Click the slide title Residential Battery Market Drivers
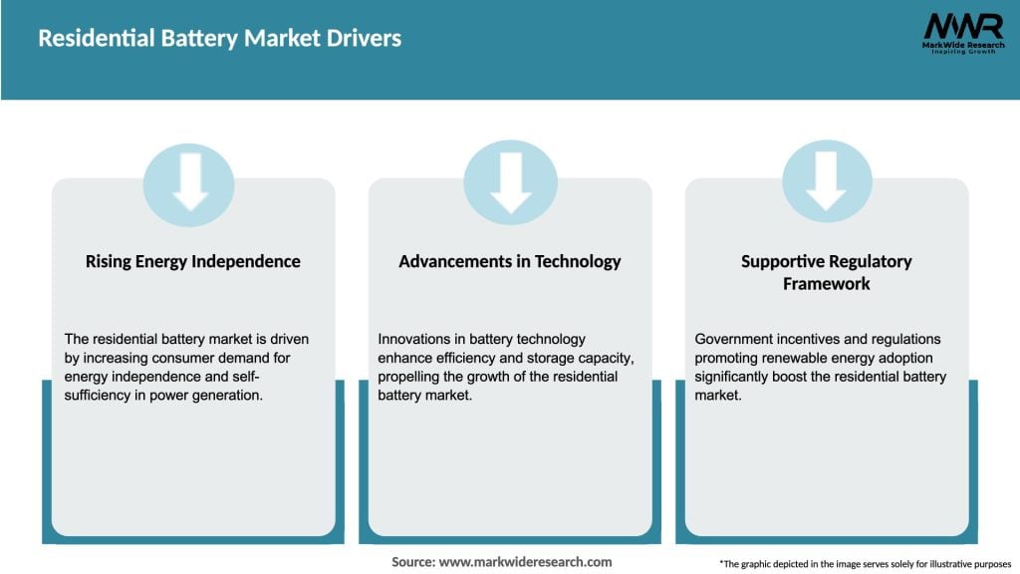point(219,39)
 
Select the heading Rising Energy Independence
point(192,261)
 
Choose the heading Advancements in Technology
point(509,261)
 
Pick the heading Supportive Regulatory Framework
point(826,272)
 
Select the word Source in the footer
point(413,562)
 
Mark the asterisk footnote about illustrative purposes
point(864,564)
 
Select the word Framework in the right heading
point(826,283)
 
